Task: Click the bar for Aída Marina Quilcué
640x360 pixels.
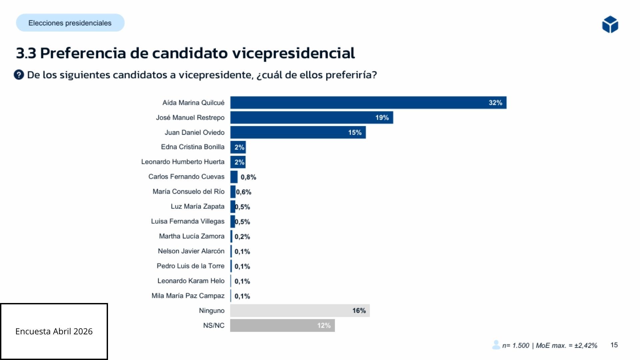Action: (x=368, y=103)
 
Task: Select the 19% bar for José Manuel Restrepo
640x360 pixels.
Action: (x=311, y=118)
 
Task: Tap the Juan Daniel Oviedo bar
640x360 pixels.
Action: (x=298, y=132)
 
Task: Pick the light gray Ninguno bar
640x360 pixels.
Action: (x=300, y=311)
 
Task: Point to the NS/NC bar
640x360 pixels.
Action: (x=282, y=325)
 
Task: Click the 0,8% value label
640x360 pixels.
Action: (x=248, y=177)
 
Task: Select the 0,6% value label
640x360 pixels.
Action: (x=244, y=192)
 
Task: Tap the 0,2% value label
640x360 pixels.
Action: (x=242, y=237)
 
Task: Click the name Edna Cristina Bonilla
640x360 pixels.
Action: (x=193, y=147)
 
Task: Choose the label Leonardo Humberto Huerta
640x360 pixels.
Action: (x=183, y=162)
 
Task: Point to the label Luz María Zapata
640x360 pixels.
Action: (x=197, y=206)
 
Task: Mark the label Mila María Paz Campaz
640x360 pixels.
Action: (x=188, y=296)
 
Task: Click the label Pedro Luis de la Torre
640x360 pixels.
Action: (x=190, y=266)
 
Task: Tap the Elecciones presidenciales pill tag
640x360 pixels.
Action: (x=70, y=23)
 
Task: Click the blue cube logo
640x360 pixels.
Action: (x=610, y=24)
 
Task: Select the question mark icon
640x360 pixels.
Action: (x=19, y=75)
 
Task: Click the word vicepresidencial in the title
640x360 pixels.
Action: (x=293, y=53)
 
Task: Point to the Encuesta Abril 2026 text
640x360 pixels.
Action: (x=54, y=331)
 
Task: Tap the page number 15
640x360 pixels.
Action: (x=614, y=345)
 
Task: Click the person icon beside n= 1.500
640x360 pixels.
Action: (x=496, y=345)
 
